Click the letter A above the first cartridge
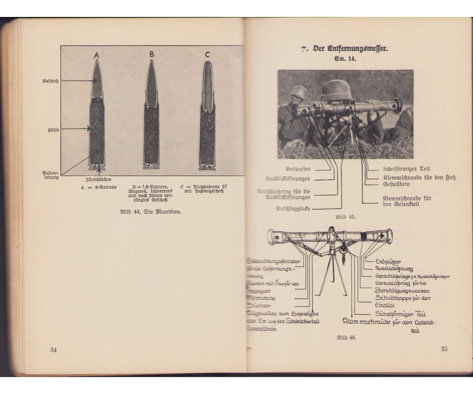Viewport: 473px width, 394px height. (96, 56)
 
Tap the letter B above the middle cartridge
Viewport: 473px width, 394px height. (151, 54)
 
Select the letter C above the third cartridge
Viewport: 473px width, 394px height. (207, 54)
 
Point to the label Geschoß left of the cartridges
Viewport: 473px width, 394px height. (51, 81)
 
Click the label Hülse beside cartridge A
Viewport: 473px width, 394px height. (53, 129)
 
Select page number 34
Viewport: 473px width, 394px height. (54, 350)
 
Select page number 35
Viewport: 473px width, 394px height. (445, 349)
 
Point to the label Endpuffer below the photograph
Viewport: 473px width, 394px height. (298, 169)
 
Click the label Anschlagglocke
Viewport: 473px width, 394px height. (292, 208)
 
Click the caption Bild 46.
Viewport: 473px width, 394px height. (347, 338)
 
